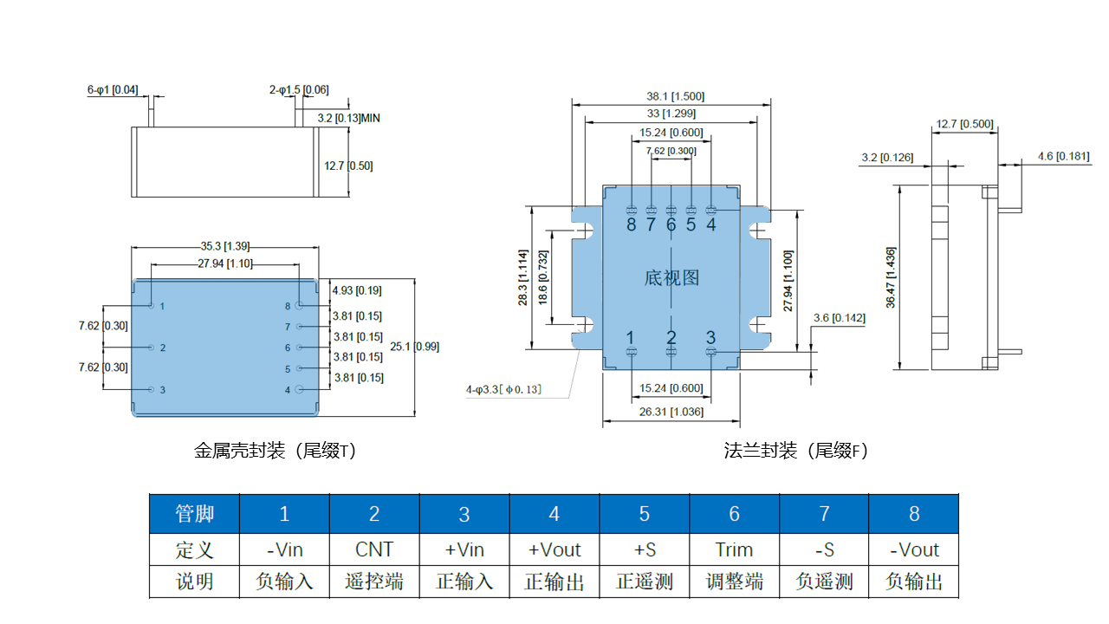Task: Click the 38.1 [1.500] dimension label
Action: pyautogui.click(x=671, y=96)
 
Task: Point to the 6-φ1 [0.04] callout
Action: pyautogui.click(x=112, y=89)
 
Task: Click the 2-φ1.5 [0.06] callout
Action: pyautogui.click(x=298, y=89)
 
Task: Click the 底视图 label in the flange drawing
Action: pyautogui.click(x=671, y=277)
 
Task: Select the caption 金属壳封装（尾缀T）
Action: pyautogui.click(x=275, y=451)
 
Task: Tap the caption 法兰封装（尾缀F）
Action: pyautogui.click(x=796, y=451)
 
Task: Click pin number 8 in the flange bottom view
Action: pyautogui.click(x=631, y=224)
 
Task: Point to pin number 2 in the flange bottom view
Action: pyautogui.click(x=671, y=337)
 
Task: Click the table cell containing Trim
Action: pyautogui.click(x=734, y=549)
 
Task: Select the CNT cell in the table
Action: pyautogui.click(x=374, y=549)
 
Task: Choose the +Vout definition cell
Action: pyautogui.click(x=554, y=549)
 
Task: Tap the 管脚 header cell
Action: pyautogui.click(x=194, y=514)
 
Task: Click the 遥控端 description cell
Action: pyautogui.click(x=374, y=582)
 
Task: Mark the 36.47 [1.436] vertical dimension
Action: pyautogui.click(x=892, y=277)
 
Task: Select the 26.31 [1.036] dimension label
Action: pyautogui.click(x=671, y=412)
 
